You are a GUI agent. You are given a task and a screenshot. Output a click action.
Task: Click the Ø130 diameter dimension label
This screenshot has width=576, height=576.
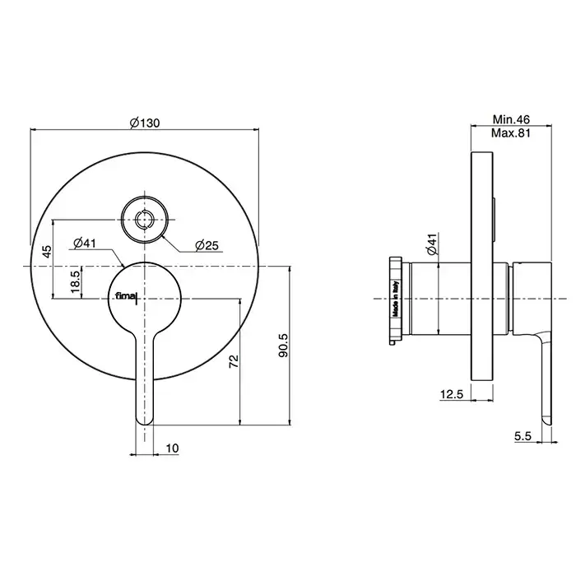coord(145,123)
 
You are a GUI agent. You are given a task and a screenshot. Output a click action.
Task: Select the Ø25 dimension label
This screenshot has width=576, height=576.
coord(207,245)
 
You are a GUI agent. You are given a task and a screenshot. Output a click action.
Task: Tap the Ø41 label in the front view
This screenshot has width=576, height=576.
coord(85,244)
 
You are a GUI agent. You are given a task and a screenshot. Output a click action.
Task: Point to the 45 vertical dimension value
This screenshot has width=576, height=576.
coord(47,252)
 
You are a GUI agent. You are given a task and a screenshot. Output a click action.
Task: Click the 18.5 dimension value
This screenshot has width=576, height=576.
coord(76,281)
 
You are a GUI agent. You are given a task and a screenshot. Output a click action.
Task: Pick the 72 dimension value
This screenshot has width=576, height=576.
coord(234,361)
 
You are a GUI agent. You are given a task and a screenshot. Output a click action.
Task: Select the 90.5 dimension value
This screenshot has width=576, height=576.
coord(283,346)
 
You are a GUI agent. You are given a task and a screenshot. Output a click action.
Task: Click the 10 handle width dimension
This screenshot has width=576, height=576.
coord(172,448)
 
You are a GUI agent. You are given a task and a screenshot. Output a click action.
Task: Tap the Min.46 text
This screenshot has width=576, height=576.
coord(511,119)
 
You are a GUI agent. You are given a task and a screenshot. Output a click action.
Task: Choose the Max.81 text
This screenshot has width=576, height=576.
coord(511,132)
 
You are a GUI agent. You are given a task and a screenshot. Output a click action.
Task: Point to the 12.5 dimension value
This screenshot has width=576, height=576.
coord(452,394)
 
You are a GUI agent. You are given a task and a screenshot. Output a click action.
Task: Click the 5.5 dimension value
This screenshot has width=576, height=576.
coord(523,436)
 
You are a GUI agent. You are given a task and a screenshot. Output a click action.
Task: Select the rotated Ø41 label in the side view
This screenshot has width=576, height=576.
coord(432,244)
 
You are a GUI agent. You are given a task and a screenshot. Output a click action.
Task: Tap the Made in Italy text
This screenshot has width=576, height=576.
coord(396,299)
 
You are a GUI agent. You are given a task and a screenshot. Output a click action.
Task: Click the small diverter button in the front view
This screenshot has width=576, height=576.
coord(145,220)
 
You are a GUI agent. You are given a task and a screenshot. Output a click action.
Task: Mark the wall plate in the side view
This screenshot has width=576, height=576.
coord(482,267)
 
